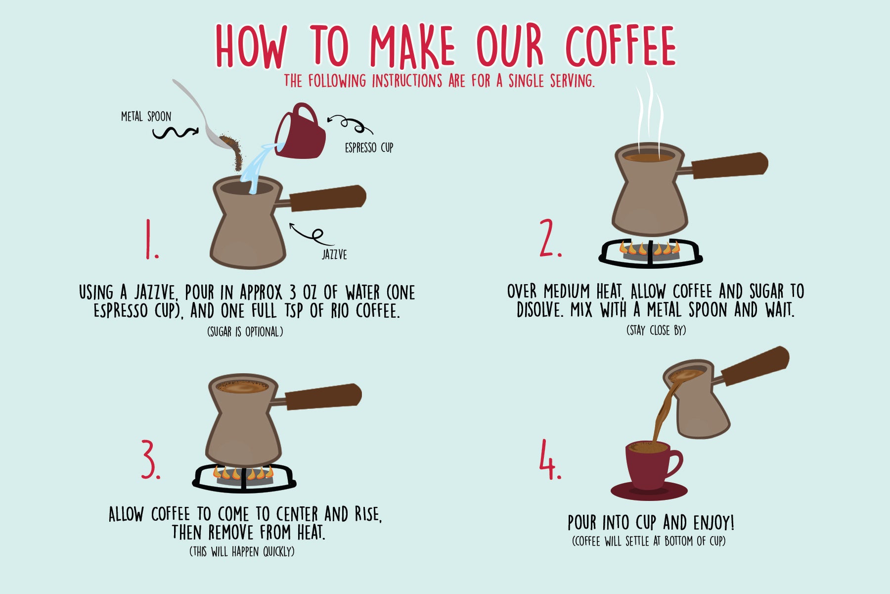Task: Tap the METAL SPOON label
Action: point(146,117)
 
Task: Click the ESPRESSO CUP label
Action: point(369,148)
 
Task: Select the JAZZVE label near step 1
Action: point(334,254)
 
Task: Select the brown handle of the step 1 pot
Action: point(327,198)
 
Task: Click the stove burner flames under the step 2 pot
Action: point(650,248)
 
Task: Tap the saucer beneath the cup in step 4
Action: point(649,492)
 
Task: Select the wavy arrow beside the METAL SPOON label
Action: point(174,132)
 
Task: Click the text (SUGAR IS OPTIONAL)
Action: point(245,332)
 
